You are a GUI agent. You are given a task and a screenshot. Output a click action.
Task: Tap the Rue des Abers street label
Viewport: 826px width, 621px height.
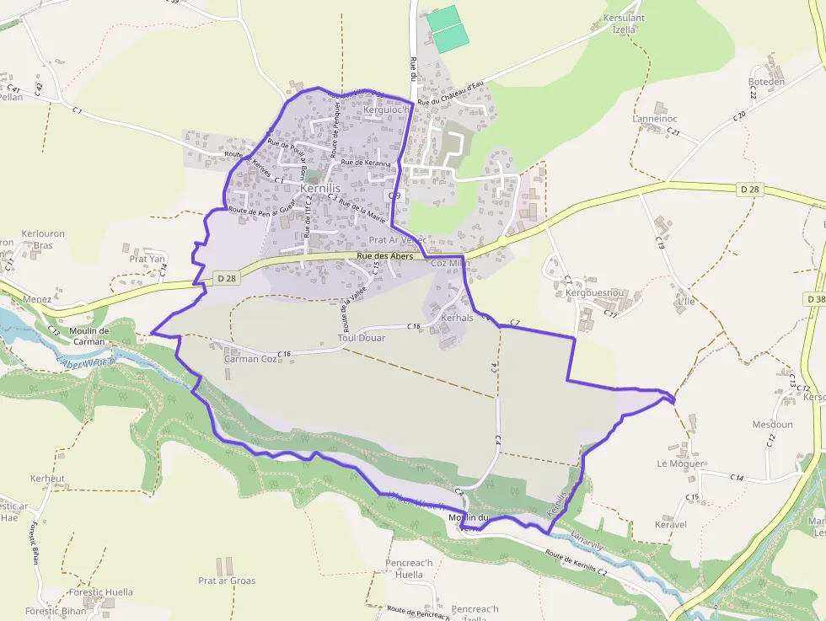(x=384, y=256)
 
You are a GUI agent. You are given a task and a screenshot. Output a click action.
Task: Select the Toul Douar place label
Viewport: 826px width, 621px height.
(x=361, y=338)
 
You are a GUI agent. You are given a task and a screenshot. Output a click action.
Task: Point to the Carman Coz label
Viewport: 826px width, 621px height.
(x=250, y=359)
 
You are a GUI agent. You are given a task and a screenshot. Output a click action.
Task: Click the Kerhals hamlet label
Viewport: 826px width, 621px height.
(x=458, y=318)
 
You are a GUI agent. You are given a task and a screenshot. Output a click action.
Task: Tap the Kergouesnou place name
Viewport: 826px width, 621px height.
(x=595, y=293)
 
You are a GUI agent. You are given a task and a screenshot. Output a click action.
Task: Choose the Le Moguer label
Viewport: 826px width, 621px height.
(x=679, y=463)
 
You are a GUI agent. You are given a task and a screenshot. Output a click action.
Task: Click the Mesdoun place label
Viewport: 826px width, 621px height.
(x=772, y=425)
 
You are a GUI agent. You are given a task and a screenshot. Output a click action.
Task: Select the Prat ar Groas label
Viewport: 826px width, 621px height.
(x=227, y=581)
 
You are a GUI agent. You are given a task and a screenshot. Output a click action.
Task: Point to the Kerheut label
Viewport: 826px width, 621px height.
(x=47, y=479)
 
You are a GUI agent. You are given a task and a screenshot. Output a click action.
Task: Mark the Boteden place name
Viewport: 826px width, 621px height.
(x=766, y=82)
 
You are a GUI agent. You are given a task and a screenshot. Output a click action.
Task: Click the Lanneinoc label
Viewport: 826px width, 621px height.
(x=655, y=119)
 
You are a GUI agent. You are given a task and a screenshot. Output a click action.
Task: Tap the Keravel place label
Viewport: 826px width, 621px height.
(x=671, y=524)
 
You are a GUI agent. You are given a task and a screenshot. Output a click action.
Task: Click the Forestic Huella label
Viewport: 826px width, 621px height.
(x=101, y=592)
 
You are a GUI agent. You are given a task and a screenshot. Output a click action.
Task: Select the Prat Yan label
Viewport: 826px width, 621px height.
(x=147, y=259)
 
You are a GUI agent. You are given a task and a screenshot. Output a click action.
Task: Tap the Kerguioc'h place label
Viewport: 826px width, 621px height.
(x=385, y=110)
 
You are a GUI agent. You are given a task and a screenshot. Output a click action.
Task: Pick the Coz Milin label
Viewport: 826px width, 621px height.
(x=451, y=263)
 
